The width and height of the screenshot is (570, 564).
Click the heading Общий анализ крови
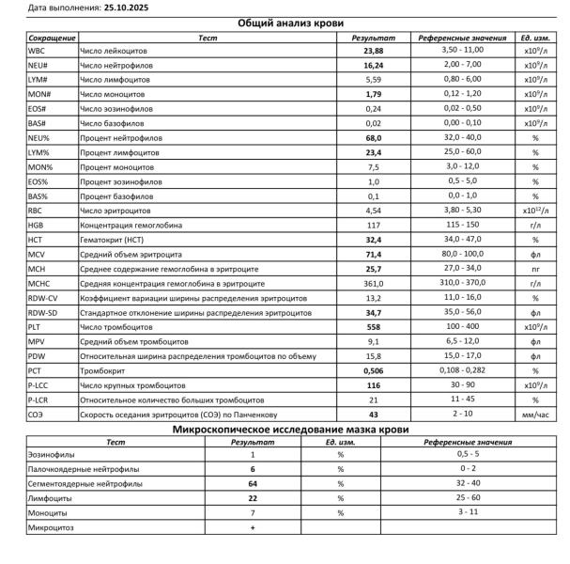coord(284,23)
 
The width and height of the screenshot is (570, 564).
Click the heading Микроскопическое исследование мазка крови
coord(284,430)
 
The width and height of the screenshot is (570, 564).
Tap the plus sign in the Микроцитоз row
coord(253,528)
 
